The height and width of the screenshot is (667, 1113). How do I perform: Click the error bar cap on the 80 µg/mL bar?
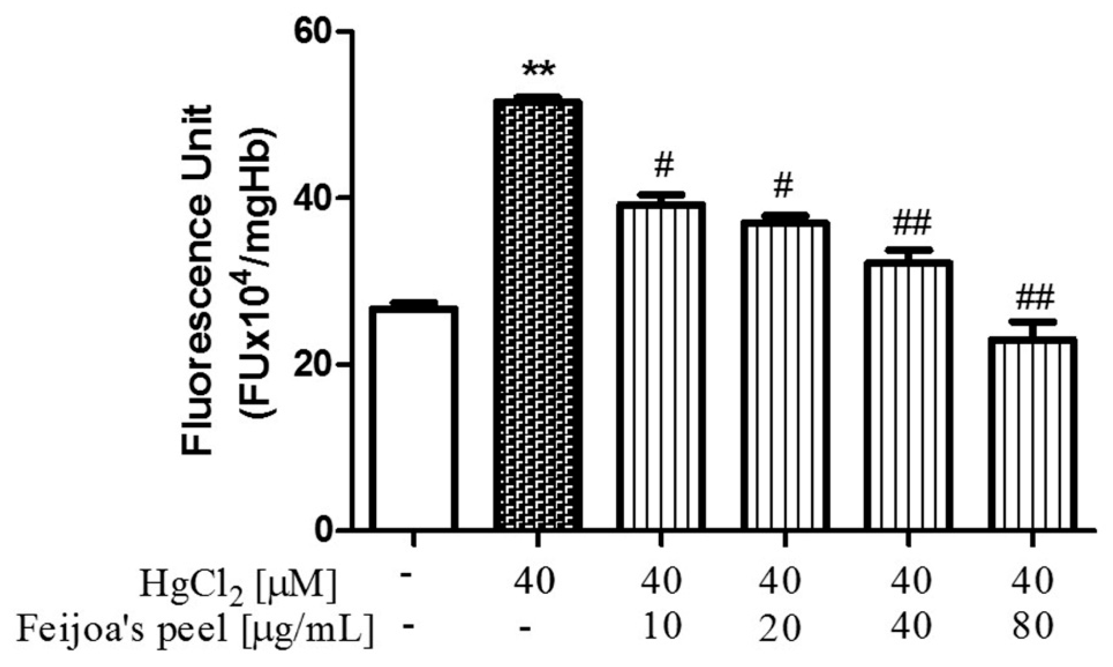click(x=1033, y=322)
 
